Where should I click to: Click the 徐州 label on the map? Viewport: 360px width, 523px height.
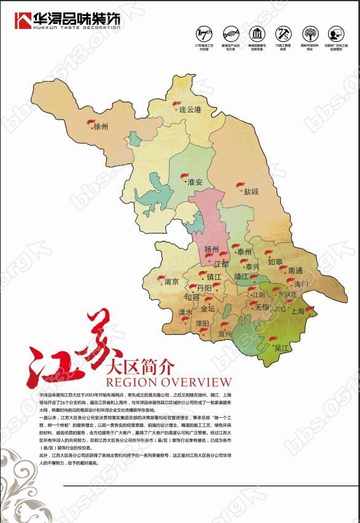coord(101,127)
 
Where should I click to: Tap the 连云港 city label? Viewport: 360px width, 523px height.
coord(190,109)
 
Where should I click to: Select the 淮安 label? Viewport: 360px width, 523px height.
coord(195,182)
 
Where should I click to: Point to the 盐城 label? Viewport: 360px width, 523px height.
coord(251,191)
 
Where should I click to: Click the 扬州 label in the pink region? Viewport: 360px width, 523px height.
coord(212,250)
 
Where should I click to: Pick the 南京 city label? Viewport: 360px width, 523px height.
coord(171,281)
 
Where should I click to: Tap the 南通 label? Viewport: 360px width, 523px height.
coord(295,271)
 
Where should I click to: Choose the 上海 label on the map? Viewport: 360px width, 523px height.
coord(297,311)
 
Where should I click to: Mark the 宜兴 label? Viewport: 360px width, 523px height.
coord(225,334)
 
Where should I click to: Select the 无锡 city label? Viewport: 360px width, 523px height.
coord(262,306)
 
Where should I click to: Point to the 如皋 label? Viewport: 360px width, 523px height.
coord(275,261)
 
